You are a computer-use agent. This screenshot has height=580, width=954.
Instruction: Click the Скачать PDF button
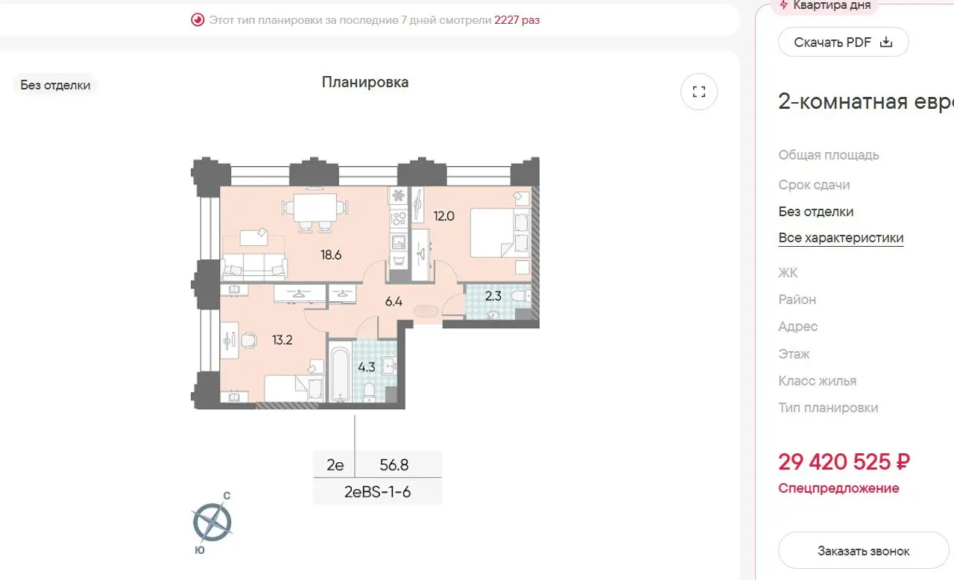[843, 42]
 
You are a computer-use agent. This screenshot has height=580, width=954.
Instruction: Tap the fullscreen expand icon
[699, 92]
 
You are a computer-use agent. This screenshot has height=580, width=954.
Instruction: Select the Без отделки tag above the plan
[55, 85]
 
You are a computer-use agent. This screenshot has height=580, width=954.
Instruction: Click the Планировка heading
[365, 82]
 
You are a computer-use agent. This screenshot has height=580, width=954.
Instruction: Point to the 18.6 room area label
[331, 255]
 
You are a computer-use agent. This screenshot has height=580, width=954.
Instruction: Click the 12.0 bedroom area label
[443, 216]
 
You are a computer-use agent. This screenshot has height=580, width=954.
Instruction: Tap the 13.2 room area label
[282, 340]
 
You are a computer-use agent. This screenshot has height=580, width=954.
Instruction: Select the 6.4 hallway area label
[394, 302]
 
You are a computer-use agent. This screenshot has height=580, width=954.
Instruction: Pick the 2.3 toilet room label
[493, 296]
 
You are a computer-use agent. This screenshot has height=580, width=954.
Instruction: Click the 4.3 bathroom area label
[366, 367]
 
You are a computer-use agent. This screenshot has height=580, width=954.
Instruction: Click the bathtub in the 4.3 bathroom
[341, 374]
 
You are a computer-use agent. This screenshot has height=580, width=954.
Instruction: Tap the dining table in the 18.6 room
[315, 207]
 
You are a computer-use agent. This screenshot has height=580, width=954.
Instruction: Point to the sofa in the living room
[254, 267]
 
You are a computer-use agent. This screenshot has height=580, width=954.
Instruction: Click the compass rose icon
[212, 522]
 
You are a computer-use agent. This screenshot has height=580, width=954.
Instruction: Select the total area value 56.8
[394, 465]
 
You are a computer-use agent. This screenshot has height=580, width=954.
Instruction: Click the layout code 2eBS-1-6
[377, 492]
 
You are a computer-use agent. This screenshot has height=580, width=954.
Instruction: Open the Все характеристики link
[841, 238]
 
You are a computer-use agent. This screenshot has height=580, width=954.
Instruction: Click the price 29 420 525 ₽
[844, 462]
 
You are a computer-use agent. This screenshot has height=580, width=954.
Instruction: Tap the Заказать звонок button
[863, 551]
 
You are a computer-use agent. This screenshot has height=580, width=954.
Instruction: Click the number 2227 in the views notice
[506, 20]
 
